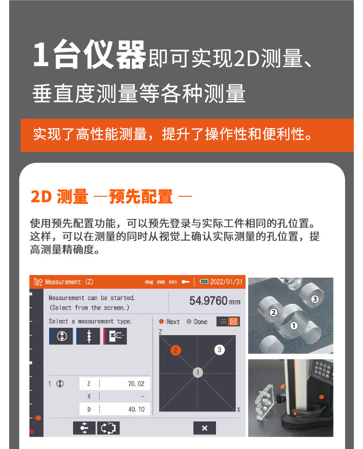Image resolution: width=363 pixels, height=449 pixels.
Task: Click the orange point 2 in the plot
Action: point(176,350)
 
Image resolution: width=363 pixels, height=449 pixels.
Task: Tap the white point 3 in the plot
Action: point(220,350)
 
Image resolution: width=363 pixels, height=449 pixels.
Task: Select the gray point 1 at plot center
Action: point(198,372)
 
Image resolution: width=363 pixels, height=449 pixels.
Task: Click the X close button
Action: point(204,428)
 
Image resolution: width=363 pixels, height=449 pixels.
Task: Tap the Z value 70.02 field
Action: point(114,383)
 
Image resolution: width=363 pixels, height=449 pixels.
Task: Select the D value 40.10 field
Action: point(114,409)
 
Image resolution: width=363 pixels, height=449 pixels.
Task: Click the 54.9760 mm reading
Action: point(215,301)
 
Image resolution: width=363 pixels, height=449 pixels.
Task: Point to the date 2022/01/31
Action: point(227,282)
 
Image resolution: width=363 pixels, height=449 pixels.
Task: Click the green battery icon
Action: point(204,281)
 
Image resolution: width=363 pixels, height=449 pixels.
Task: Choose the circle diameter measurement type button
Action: point(61,336)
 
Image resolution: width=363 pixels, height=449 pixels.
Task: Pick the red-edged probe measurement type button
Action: point(115,336)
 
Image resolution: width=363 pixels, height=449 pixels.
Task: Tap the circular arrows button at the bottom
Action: point(108,428)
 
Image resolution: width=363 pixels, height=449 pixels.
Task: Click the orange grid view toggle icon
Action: point(233,321)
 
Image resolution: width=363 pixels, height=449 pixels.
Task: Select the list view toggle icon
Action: point(222,321)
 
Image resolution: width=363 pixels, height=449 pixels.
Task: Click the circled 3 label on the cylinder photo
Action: point(315,299)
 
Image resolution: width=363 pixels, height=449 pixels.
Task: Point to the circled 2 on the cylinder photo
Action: point(273,312)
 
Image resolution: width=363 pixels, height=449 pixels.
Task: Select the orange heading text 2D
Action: point(41,196)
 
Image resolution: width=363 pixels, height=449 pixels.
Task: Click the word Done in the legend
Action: point(200,321)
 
